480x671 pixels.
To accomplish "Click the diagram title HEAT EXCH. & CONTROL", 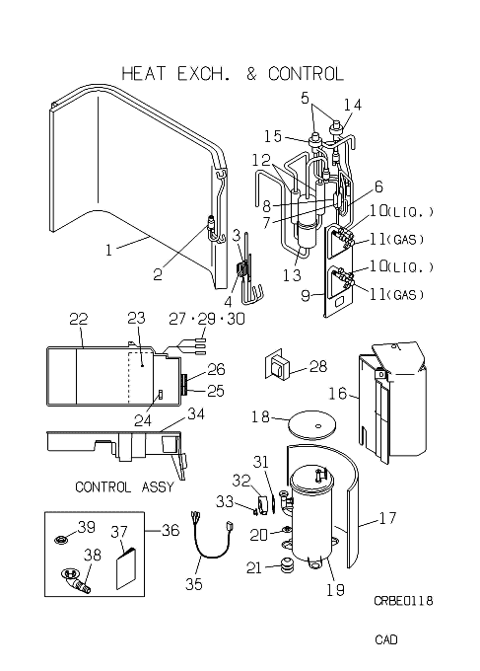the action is (233, 74).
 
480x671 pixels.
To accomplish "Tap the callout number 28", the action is (318, 366).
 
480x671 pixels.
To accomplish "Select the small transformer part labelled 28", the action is (277, 364).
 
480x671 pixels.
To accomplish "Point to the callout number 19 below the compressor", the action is (335, 590).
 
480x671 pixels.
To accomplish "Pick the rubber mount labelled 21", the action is (286, 566).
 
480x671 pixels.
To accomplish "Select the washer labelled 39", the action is (61, 540).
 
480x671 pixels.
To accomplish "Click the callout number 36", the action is (171, 531).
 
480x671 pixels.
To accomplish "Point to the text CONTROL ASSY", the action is (124, 486).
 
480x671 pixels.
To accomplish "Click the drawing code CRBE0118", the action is (403, 600).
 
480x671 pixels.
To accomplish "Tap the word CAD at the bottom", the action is (386, 639).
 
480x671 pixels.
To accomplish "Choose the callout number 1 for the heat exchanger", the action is (108, 250).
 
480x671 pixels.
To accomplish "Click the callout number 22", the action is (79, 319).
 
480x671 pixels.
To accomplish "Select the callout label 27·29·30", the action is (207, 319).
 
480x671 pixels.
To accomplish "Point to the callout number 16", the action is (338, 393).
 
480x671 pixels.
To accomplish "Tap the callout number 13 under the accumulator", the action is (293, 274).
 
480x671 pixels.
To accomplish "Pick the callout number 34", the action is (196, 413).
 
